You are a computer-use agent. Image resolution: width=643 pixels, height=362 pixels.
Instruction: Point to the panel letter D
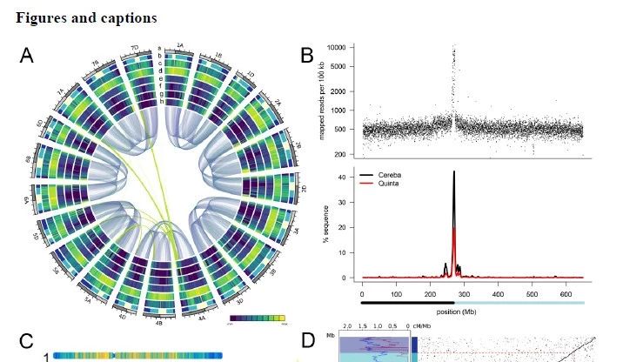click(x=307, y=340)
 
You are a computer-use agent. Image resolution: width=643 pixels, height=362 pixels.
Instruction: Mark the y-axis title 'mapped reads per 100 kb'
click(x=322, y=99)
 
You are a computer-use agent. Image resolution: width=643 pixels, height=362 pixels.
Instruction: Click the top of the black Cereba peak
click(x=453, y=172)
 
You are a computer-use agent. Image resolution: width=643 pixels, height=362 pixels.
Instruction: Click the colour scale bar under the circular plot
click(x=257, y=318)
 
